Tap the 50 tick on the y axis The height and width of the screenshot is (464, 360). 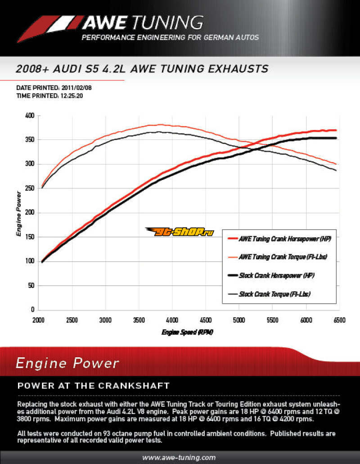click(x=30, y=285)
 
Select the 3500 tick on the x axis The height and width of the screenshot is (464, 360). click(x=139, y=320)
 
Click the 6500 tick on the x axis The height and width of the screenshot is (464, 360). click(x=339, y=320)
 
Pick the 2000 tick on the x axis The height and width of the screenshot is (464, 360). click(x=38, y=320)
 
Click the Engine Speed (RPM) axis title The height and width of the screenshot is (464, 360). click(x=187, y=333)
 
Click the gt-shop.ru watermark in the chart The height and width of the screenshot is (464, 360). click(x=179, y=232)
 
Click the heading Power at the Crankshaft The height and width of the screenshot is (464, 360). click(x=93, y=386)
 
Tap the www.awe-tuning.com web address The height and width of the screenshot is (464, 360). click(x=179, y=457)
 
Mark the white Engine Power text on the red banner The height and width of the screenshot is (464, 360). click(x=67, y=363)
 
